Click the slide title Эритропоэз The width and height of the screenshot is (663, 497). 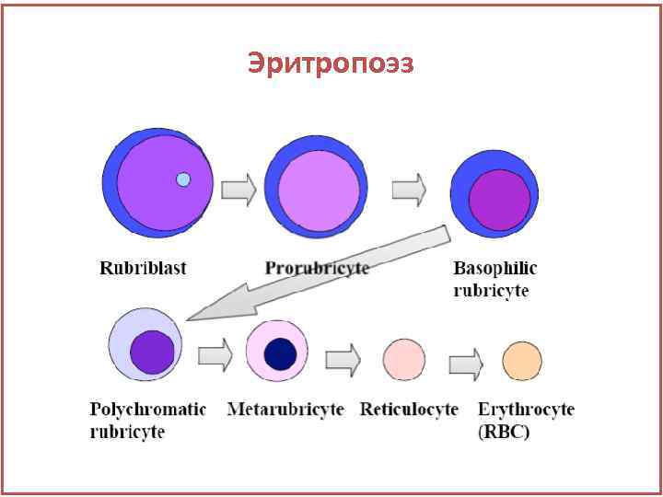331,64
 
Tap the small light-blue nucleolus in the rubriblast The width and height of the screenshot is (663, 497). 183,179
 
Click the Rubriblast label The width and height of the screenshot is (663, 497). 143,268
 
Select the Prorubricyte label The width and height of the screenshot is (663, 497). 317,268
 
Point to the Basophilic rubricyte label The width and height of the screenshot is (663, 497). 494,278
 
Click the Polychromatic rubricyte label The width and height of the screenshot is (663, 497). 147,419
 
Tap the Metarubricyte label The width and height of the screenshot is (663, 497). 285,409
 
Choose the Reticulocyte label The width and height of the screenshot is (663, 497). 409,409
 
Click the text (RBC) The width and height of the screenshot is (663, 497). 504,431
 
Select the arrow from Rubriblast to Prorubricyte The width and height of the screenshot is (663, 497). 238,190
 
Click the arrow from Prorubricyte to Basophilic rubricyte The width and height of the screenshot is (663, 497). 408,190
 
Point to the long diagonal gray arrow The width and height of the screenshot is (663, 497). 313,272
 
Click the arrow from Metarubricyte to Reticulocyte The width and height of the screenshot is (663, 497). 343,358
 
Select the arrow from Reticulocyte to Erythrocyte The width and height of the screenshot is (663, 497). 466,361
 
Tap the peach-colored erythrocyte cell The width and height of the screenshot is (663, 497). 521,360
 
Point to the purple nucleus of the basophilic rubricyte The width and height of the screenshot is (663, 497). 500,201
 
